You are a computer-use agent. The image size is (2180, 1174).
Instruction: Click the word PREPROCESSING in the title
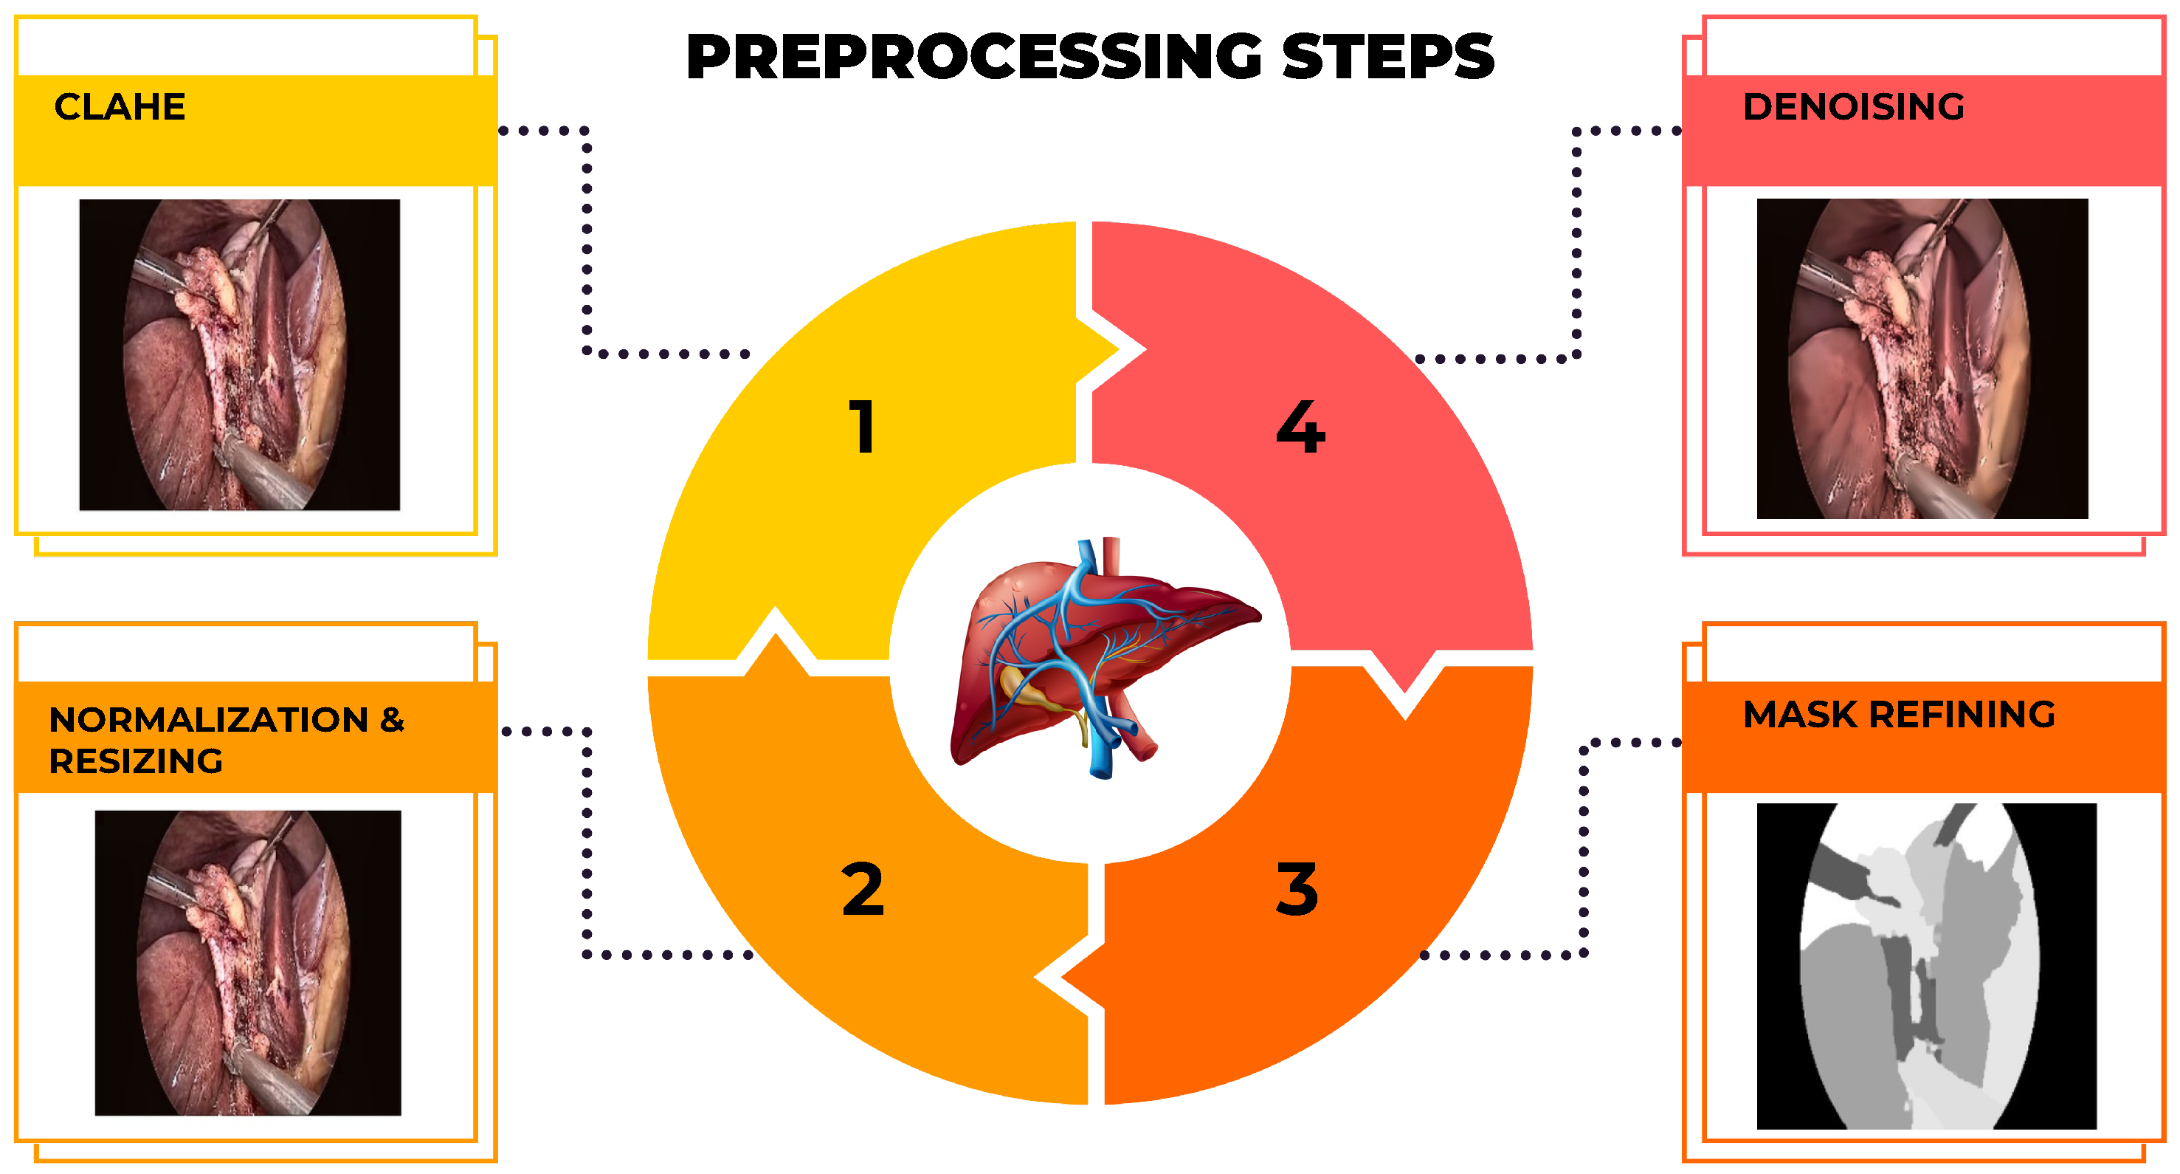click(973, 57)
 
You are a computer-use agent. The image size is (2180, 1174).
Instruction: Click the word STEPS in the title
click(1388, 57)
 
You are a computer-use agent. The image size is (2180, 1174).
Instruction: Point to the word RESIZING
click(135, 762)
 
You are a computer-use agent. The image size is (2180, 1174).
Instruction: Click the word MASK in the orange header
click(1799, 715)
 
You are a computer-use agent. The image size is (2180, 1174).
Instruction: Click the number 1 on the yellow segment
click(861, 428)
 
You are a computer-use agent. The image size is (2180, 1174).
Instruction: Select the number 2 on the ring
click(863, 890)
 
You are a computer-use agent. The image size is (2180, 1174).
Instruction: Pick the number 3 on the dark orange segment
click(1297, 890)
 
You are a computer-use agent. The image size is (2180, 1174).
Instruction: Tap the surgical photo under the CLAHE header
click(240, 354)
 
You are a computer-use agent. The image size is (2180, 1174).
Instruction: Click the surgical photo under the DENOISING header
click(1922, 358)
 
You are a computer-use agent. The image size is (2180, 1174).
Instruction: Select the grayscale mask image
click(1926, 966)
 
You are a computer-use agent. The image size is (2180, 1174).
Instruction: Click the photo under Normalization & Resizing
click(247, 962)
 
